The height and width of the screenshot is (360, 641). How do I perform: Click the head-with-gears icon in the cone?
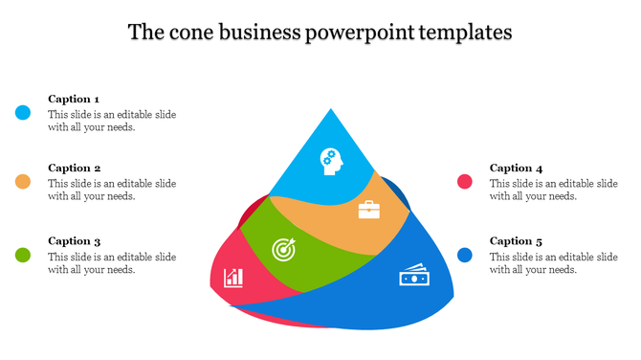point(331,159)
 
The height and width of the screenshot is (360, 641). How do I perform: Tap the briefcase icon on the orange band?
point(368,210)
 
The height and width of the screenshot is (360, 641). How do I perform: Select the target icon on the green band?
point(285,248)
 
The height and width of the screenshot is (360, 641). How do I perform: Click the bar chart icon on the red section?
point(233,278)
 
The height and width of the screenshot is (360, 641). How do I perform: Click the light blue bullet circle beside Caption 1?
point(23,113)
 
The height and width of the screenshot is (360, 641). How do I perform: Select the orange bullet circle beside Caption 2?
point(23,182)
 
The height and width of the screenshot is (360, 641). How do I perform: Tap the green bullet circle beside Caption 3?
point(23,255)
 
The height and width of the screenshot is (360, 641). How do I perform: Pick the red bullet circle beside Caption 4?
point(465,182)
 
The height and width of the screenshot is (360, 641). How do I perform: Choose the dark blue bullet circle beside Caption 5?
point(465,255)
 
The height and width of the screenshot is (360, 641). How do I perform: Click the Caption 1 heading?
point(74,99)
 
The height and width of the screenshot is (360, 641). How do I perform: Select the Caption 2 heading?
point(74,168)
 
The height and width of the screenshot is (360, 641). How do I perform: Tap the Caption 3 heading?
point(74,241)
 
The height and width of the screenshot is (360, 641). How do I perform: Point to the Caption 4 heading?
point(516,168)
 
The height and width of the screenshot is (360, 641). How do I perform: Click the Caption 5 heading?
point(516,241)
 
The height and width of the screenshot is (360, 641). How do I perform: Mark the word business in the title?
point(258,33)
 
